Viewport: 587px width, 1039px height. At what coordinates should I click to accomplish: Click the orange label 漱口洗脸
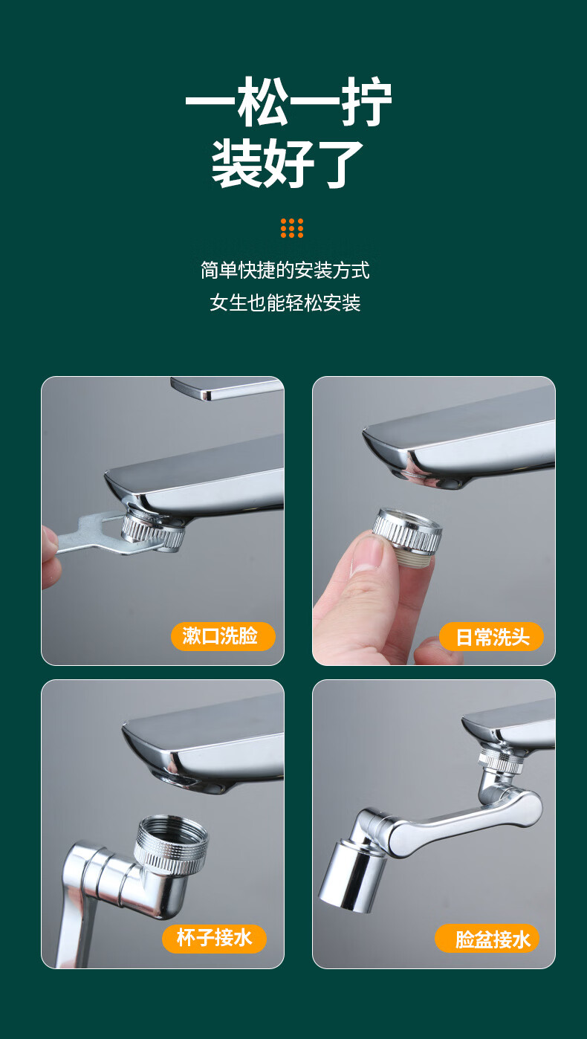pos(223,636)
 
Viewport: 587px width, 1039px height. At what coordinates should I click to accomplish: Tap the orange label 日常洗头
pos(491,636)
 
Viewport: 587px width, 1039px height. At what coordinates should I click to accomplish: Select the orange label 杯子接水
pos(214,939)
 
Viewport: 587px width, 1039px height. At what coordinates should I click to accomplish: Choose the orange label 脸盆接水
pos(487,939)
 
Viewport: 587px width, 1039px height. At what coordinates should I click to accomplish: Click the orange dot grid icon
pos(292,228)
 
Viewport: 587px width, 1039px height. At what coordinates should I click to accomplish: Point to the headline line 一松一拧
pos(288,101)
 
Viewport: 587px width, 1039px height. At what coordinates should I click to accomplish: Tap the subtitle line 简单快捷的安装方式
pos(285,271)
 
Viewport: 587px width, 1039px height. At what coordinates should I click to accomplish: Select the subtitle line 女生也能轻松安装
pos(285,303)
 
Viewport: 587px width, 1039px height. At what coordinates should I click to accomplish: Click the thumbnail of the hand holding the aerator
pos(433,520)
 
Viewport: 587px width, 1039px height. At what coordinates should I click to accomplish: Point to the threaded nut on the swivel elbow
pos(171,844)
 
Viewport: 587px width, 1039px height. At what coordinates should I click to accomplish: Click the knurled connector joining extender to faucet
pos(500,759)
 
